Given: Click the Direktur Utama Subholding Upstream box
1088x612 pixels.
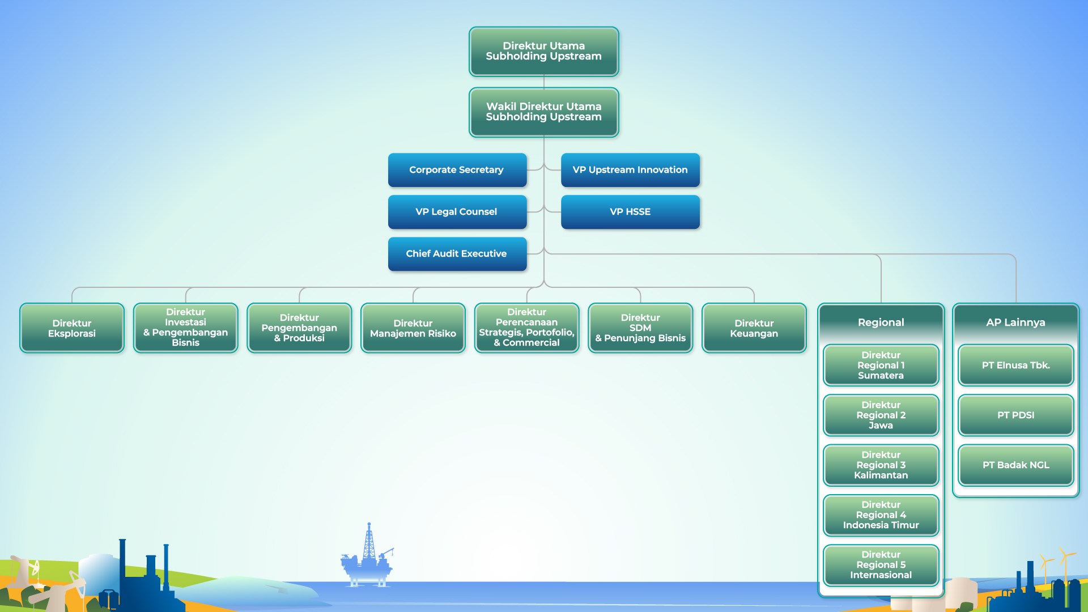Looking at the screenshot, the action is click(543, 51).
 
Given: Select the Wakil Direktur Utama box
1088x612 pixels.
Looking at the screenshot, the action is click(543, 112).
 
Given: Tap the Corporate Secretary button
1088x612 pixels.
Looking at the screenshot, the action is click(457, 169).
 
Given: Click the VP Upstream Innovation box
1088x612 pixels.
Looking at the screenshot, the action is click(630, 169).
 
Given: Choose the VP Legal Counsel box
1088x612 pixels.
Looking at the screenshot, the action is click(457, 211).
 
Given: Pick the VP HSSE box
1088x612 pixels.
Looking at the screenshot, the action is click(630, 211).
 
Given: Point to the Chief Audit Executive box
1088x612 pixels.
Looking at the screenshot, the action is click(457, 253).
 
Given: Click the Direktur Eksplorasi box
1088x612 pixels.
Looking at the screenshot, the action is click(72, 328).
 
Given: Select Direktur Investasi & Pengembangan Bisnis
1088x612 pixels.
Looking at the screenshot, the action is click(186, 328).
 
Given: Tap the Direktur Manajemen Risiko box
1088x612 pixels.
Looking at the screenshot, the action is click(413, 328).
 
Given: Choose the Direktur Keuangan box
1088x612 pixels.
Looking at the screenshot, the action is click(754, 328).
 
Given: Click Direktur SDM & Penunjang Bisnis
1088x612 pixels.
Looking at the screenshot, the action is click(640, 328).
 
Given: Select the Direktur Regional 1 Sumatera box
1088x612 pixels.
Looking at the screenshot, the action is click(881, 365).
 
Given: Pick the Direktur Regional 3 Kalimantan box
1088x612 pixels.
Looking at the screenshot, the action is click(881, 465).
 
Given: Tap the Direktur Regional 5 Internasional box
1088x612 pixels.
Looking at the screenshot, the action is click(881, 564).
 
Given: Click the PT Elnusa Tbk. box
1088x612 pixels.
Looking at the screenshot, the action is click(1016, 365).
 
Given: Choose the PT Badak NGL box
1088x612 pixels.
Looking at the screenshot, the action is click(1016, 465).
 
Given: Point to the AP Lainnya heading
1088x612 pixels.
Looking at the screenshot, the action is click(1015, 322).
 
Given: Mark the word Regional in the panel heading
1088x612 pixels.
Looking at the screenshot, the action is click(881, 322).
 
